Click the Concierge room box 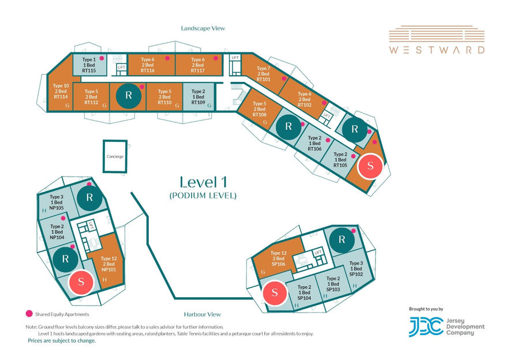click(x=115, y=156)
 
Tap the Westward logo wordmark click(x=437, y=50)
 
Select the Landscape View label click(x=203, y=28)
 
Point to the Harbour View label click(x=202, y=314)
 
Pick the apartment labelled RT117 click(x=198, y=65)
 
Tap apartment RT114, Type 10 click(x=61, y=93)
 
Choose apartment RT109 click(x=198, y=96)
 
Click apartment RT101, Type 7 click(x=264, y=73)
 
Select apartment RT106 click(x=314, y=143)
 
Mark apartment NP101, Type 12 click(x=108, y=264)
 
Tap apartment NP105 click(x=56, y=202)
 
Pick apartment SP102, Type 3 click(x=356, y=269)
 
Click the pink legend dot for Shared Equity click(x=29, y=314)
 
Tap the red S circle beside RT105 click(x=370, y=166)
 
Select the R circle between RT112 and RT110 click(x=129, y=95)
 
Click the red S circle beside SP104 click(x=275, y=292)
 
